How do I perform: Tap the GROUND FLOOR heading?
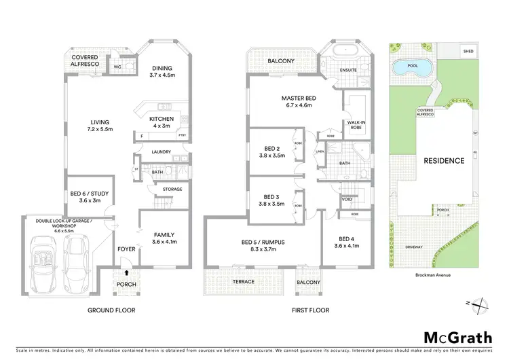point(113,310)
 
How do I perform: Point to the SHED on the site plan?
point(468,51)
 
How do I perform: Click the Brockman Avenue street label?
point(434,276)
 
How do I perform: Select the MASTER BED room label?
point(299,98)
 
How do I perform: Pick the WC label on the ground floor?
point(117,67)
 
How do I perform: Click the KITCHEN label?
point(162,119)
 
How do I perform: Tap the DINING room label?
point(162,68)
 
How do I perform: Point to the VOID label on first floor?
point(347,200)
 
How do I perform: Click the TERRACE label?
point(244,281)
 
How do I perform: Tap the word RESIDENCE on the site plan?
point(445,161)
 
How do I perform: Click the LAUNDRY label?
point(161,152)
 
